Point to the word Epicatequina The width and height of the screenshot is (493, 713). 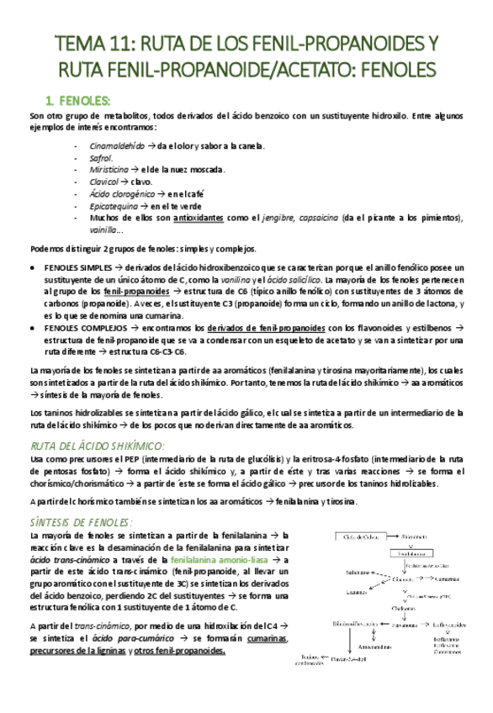click(113, 206)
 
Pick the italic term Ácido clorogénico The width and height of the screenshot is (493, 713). click(122, 193)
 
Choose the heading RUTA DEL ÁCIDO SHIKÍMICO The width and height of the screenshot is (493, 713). click(97, 446)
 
